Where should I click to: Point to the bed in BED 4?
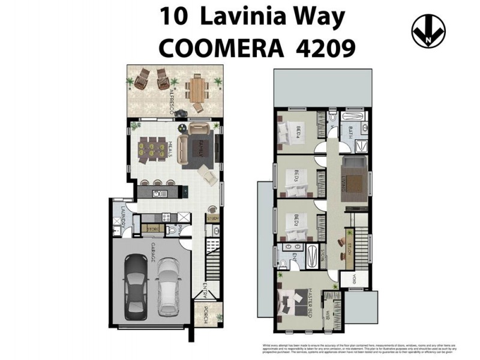point(292,131)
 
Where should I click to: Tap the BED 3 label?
point(297,178)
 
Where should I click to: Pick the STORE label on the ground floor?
point(154,228)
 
